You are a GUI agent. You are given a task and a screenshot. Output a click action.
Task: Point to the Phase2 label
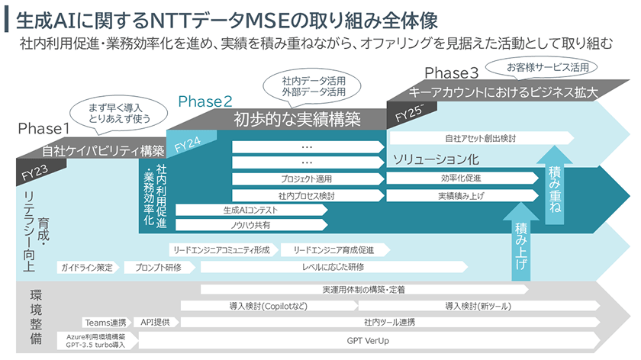coord(205,101)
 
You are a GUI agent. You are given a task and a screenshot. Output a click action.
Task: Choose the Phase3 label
coord(451,73)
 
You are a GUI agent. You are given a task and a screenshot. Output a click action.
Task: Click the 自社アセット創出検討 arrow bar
coord(481,139)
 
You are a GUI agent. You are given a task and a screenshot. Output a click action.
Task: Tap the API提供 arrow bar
coord(159,322)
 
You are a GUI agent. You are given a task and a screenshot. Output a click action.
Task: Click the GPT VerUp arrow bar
coord(366,340)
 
